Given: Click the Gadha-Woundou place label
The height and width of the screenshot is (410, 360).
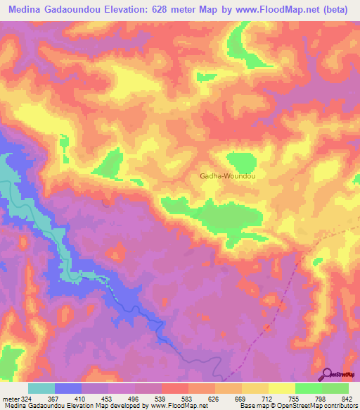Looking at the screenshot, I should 227,177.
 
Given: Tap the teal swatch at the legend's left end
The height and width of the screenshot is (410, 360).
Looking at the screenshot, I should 41,388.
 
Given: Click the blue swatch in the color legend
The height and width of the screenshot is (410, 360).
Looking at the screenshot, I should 68,388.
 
